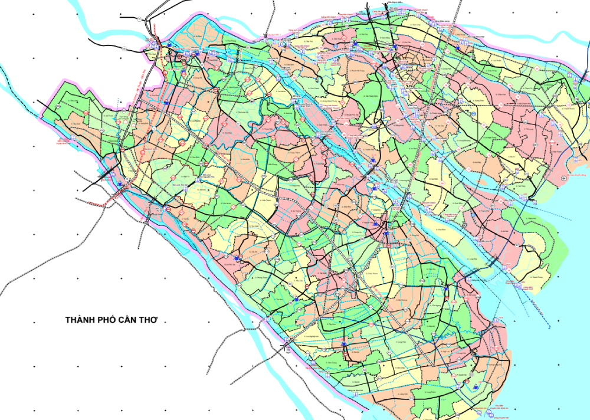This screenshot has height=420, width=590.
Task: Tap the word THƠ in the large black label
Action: pyautogui.click(x=150, y=320)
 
